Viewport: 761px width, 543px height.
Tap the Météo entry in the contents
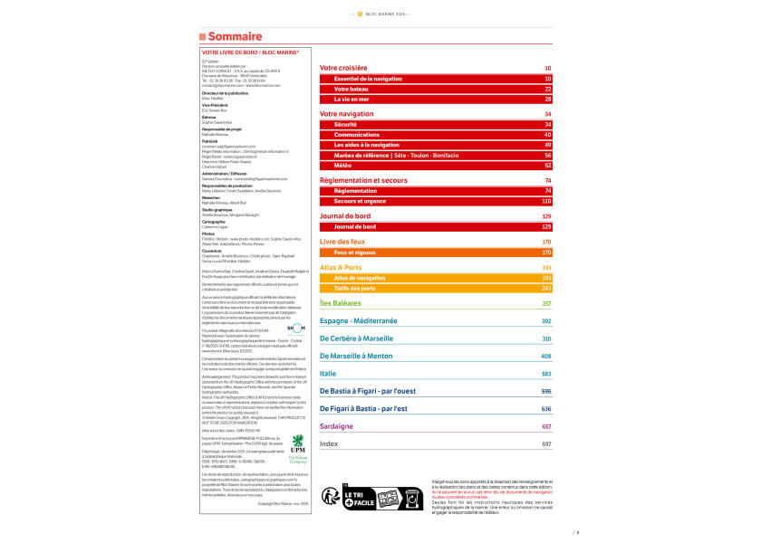click(x=344, y=166)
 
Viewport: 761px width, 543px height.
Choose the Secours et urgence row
click(x=360, y=201)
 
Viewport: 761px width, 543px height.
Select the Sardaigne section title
click(x=338, y=426)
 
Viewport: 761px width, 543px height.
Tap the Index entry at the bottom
click(x=329, y=444)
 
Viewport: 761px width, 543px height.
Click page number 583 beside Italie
click(x=546, y=374)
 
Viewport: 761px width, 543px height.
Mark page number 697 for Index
click(x=546, y=445)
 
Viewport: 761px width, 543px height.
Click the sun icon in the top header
click(x=360, y=14)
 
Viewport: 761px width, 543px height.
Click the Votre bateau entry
click(x=352, y=90)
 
